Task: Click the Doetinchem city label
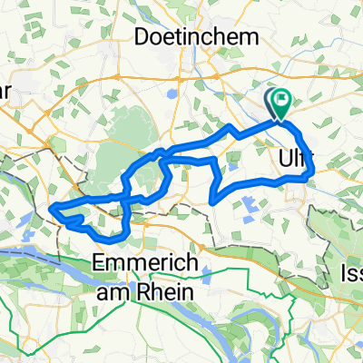tap(195, 36)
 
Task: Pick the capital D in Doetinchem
tap(142, 36)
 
